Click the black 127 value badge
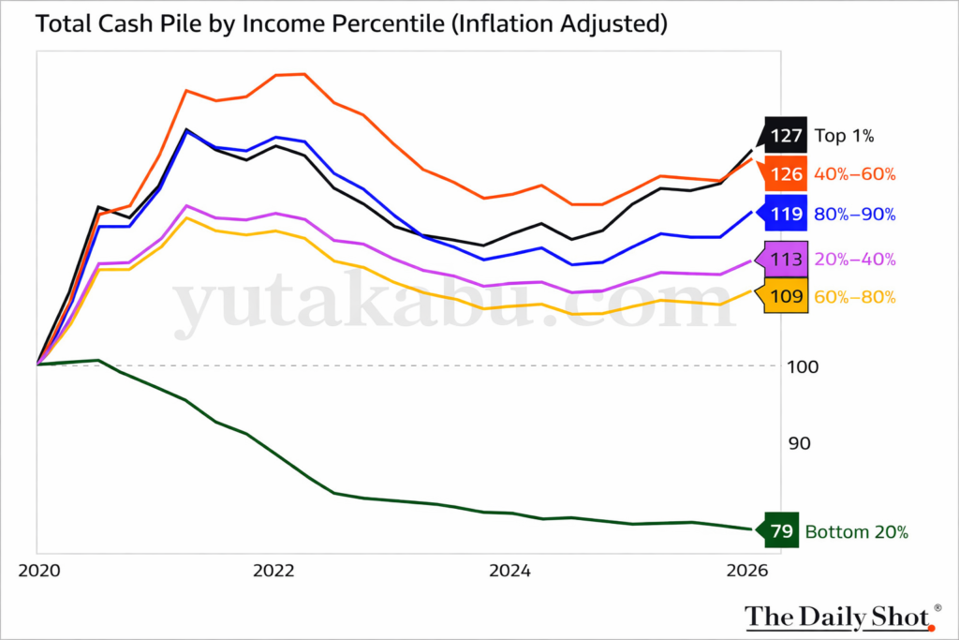tap(785, 137)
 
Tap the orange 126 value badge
tap(785, 174)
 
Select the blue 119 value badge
tap(785, 214)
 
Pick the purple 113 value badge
tap(785, 260)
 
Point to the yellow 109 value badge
tap(785, 297)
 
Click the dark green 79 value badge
tap(780, 532)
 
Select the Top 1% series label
tap(844, 137)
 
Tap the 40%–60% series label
tap(855, 174)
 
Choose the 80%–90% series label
tap(855, 214)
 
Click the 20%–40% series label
tap(855, 260)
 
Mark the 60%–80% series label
tap(855, 297)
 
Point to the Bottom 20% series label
tap(857, 532)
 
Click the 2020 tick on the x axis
tap(37, 570)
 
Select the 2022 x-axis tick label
tap(274, 570)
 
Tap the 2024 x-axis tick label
tap(511, 570)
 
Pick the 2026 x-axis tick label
tap(748, 570)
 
